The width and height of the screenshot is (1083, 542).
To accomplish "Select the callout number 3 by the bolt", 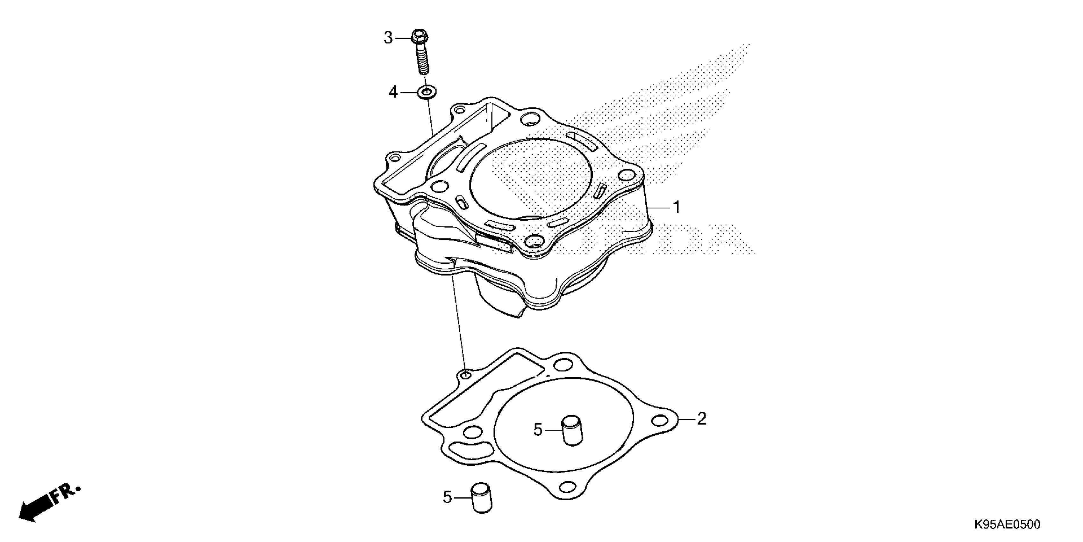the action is point(388,38).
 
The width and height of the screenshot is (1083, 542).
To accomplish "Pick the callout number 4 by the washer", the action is point(393,91).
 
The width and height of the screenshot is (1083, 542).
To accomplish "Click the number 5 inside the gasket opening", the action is point(538,430).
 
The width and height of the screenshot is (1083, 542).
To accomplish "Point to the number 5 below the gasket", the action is point(447,497).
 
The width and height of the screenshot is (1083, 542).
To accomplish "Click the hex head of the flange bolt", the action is point(419,37).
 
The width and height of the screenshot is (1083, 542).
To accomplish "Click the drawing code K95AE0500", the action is point(1007,524).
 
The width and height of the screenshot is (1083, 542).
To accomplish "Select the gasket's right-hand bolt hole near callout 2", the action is point(661,420).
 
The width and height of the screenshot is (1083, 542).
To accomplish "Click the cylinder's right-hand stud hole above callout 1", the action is point(627,175).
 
